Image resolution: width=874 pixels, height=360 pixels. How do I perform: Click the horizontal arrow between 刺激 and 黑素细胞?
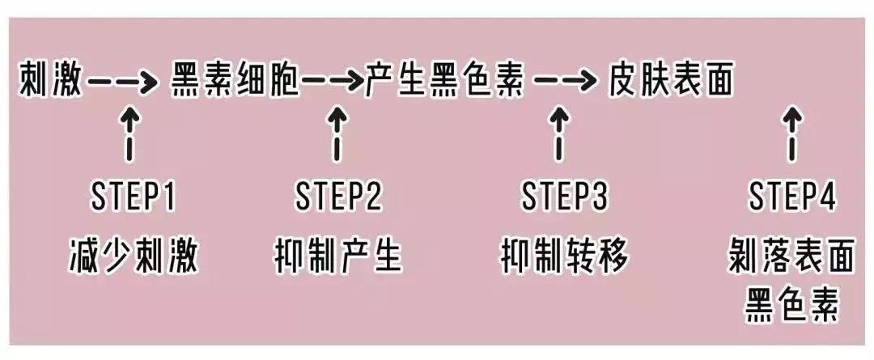tap(121, 82)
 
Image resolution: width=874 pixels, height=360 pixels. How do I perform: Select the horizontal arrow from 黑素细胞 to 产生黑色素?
tap(333, 82)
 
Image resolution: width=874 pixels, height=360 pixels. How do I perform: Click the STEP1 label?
tap(131, 197)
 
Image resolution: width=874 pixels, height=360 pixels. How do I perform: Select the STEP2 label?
tap(338, 197)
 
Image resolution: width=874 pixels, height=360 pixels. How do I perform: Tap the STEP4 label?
tap(791, 197)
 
